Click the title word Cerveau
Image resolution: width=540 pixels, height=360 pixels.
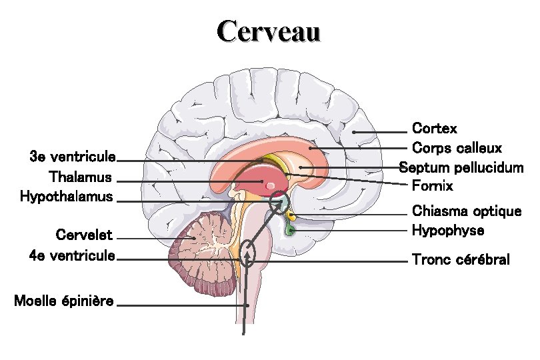(x=269, y=31)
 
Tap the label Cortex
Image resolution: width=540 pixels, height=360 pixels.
(x=435, y=127)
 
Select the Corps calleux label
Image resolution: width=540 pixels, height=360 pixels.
(x=457, y=147)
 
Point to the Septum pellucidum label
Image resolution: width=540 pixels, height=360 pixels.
(x=461, y=167)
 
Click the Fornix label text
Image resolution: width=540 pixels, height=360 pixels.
(x=432, y=185)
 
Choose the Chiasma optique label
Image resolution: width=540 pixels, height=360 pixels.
(x=467, y=211)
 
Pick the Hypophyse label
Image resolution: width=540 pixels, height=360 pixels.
(x=448, y=231)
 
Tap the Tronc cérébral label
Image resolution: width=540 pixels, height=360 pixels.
(x=461, y=259)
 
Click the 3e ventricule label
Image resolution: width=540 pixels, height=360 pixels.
(x=73, y=157)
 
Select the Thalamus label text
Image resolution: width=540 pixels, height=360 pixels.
(x=80, y=177)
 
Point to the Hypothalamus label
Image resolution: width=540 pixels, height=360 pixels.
(x=66, y=197)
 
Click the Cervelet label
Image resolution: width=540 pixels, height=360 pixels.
(x=84, y=235)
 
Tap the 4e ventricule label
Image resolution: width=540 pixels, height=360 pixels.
(x=73, y=255)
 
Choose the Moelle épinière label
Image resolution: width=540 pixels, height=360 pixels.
(x=64, y=301)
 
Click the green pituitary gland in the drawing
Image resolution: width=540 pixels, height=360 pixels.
(x=291, y=230)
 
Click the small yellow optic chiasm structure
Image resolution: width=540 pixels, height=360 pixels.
(x=291, y=216)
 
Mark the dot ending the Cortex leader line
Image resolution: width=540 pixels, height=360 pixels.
(x=354, y=132)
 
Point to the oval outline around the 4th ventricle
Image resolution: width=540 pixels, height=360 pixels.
(x=247, y=253)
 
